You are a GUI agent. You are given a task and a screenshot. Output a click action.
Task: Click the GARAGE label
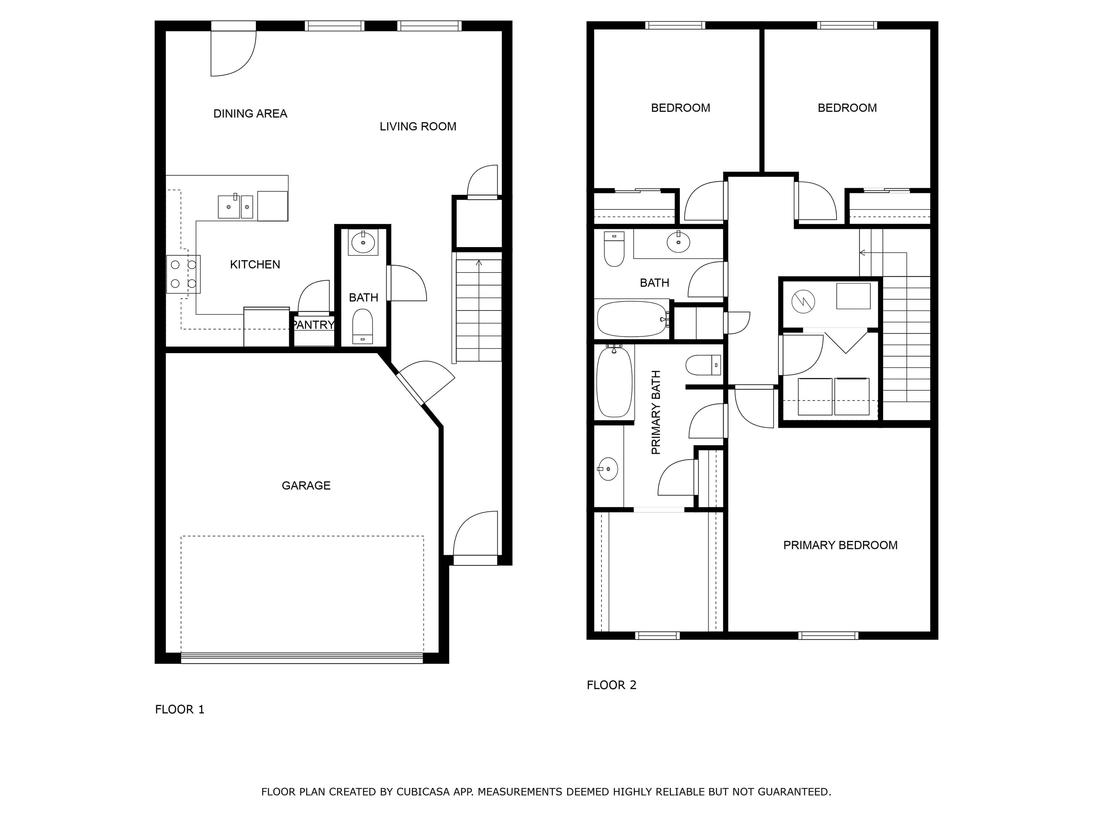(x=306, y=485)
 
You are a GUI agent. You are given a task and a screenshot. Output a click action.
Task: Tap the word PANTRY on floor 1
(x=314, y=325)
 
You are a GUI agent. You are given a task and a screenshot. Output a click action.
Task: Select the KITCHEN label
(x=255, y=265)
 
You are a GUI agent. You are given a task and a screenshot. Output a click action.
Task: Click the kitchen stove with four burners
(x=183, y=274)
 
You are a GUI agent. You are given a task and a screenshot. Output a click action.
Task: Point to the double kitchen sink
(x=236, y=206)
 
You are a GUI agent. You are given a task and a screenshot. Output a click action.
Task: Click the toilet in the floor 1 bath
(x=363, y=326)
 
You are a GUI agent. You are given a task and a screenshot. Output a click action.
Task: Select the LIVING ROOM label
(x=418, y=126)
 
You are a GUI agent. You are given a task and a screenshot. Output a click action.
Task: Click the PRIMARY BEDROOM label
(x=840, y=545)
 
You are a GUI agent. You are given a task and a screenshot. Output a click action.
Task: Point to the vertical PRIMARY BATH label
(x=656, y=412)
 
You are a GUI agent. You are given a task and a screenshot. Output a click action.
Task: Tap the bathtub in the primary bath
(x=614, y=382)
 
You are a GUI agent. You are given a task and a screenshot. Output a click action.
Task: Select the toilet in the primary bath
(x=703, y=365)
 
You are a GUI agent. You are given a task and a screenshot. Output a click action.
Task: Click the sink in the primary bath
(x=608, y=469)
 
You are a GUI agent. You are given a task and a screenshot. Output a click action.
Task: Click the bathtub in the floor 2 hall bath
(x=632, y=319)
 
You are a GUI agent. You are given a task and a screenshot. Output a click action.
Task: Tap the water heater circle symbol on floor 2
(x=803, y=301)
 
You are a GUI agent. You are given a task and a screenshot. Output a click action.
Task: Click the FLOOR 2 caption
(x=611, y=685)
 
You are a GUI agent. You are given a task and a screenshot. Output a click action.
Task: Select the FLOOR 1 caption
(x=179, y=710)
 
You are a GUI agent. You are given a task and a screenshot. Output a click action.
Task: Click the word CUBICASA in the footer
(x=423, y=792)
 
